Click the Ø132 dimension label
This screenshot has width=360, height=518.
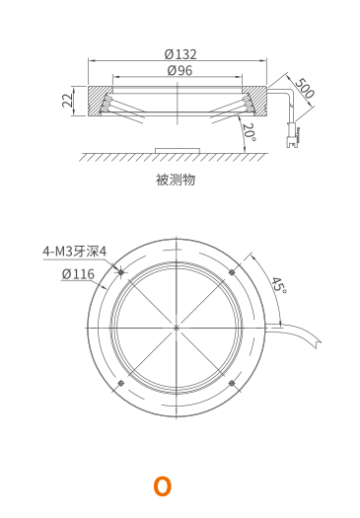click(180, 54)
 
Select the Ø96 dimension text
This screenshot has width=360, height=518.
click(180, 70)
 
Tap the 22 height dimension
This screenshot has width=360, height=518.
click(67, 100)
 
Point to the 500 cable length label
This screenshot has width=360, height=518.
click(305, 88)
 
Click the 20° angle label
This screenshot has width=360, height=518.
click(250, 132)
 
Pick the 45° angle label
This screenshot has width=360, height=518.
click(279, 285)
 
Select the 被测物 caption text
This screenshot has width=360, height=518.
click(176, 180)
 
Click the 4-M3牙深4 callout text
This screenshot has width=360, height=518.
click(75, 252)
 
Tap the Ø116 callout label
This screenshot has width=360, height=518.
click(78, 274)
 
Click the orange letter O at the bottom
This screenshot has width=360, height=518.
click(163, 486)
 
